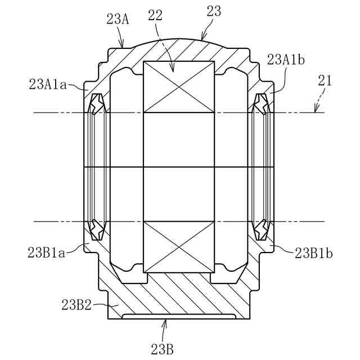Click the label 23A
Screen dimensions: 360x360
[x=118, y=19]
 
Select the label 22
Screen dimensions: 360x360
[x=155, y=16]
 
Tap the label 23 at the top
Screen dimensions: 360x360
[x=214, y=11]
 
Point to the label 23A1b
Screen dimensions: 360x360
[x=286, y=60]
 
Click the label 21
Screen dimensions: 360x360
[x=325, y=80]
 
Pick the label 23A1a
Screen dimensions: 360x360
[x=48, y=84]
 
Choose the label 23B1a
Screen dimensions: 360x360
[x=47, y=253]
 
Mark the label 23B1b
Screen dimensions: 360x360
[x=314, y=253]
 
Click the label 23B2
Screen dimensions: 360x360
[x=76, y=305]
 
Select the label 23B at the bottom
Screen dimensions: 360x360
[x=163, y=349]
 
